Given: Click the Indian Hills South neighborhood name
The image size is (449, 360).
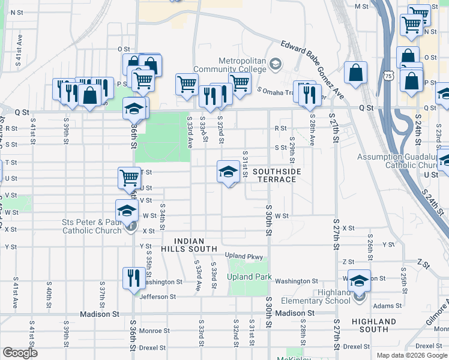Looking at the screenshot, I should (x=188, y=243).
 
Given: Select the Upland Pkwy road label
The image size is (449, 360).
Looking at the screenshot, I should (x=244, y=256).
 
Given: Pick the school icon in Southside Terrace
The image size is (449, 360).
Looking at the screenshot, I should (x=228, y=172).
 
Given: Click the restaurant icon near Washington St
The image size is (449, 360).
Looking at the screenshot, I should (x=133, y=278).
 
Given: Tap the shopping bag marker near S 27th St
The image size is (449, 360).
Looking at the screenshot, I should (x=355, y=73).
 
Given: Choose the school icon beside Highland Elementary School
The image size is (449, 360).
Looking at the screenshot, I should (x=359, y=281).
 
